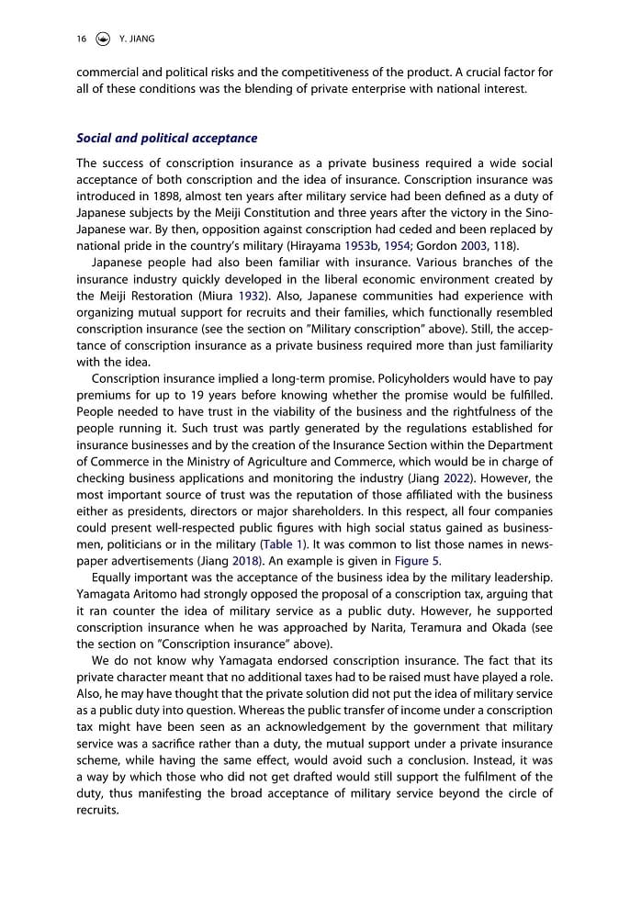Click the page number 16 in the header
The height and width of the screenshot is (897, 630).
tap(81, 39)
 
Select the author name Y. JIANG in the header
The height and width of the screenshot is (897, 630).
tap(139, 39)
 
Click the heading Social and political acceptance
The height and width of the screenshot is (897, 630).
tap(166, 139)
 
